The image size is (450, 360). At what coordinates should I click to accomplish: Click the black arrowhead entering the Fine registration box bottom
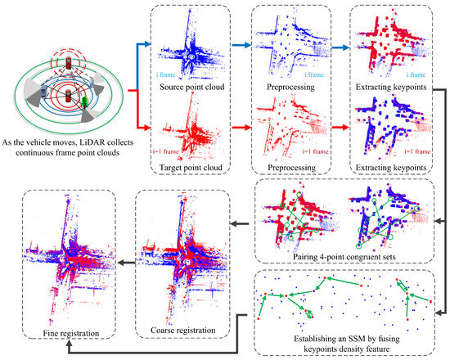point(68,346)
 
